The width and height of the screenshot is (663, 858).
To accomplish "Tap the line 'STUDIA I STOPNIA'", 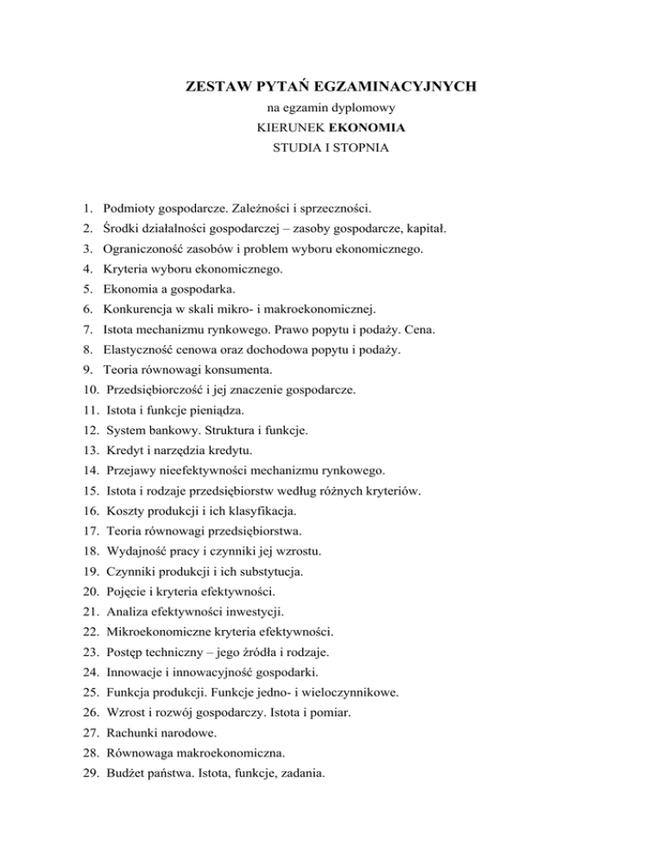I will coord(331,148).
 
